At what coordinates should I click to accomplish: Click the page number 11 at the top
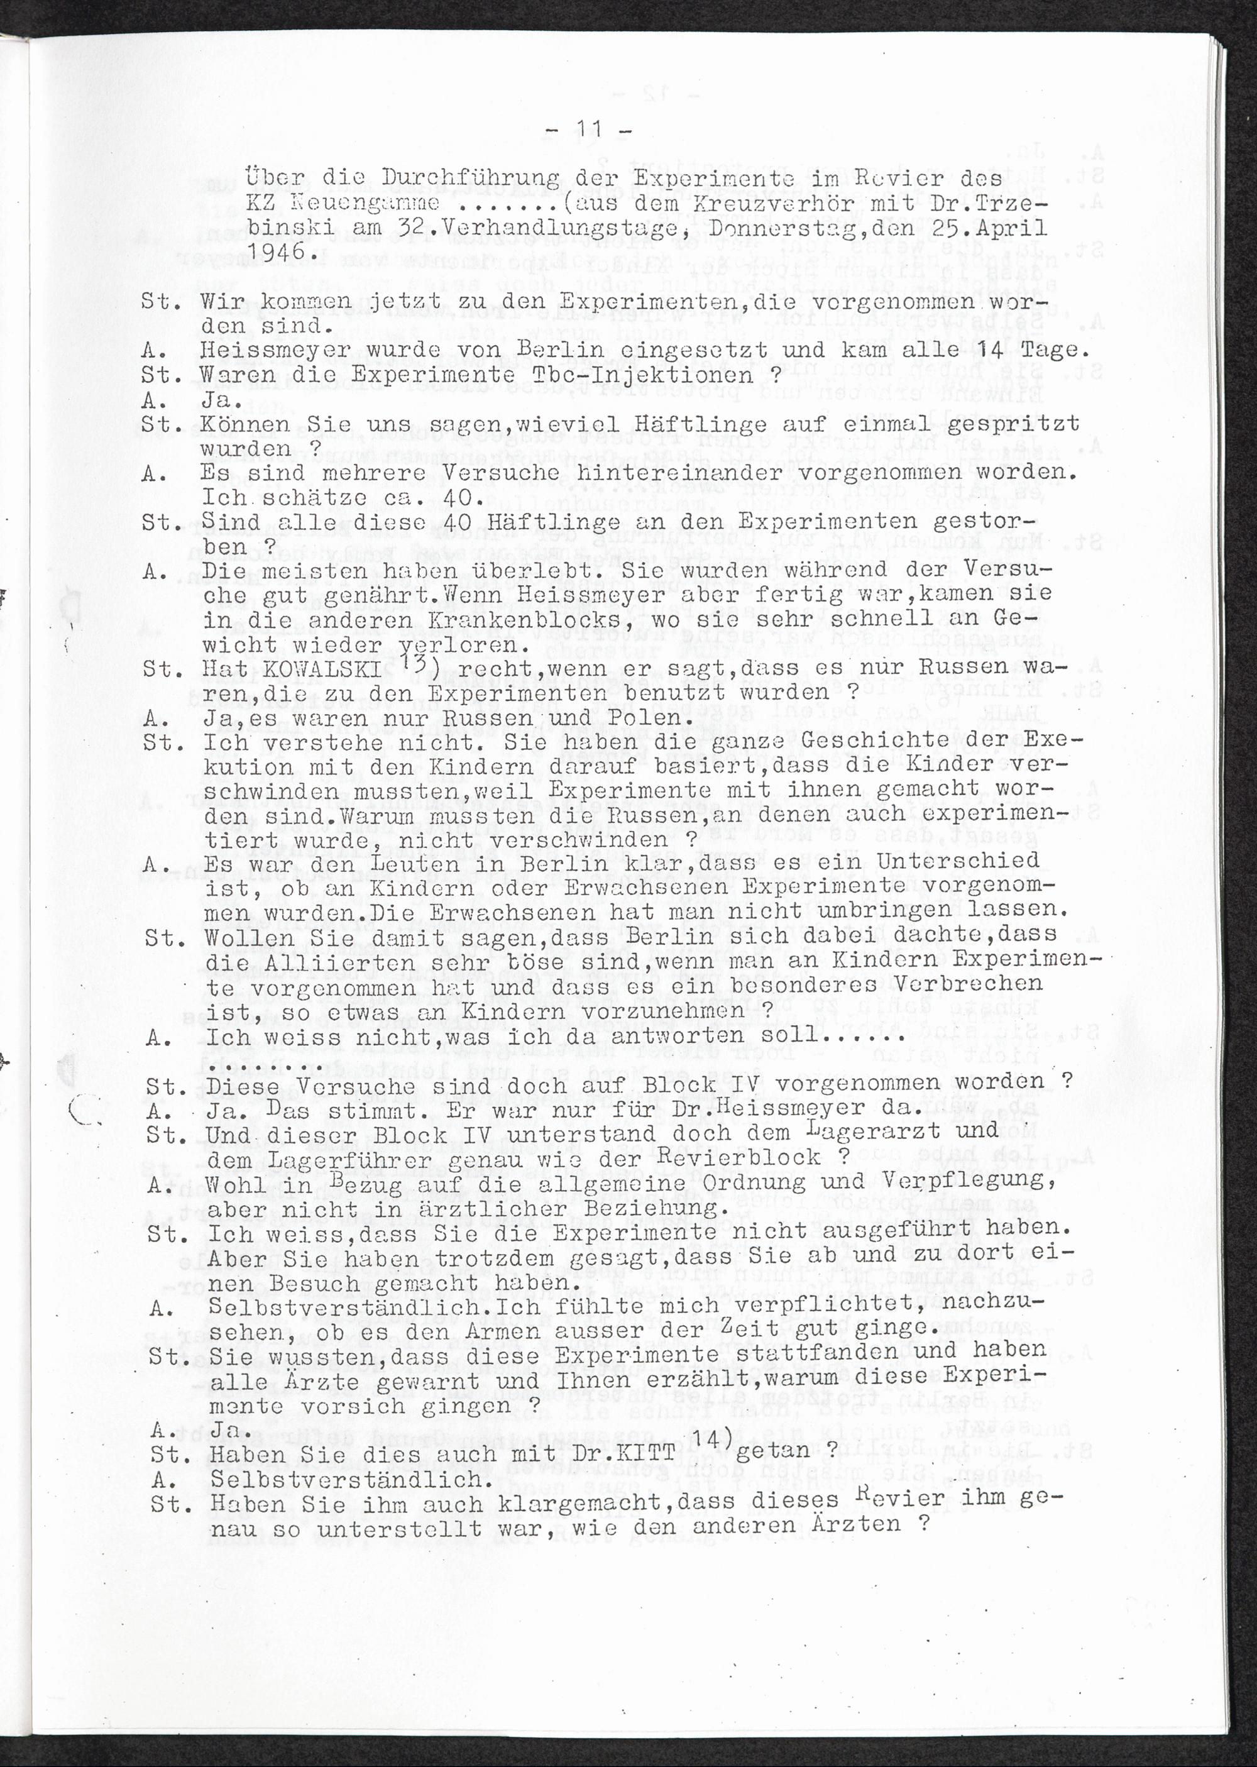point(589,130)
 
